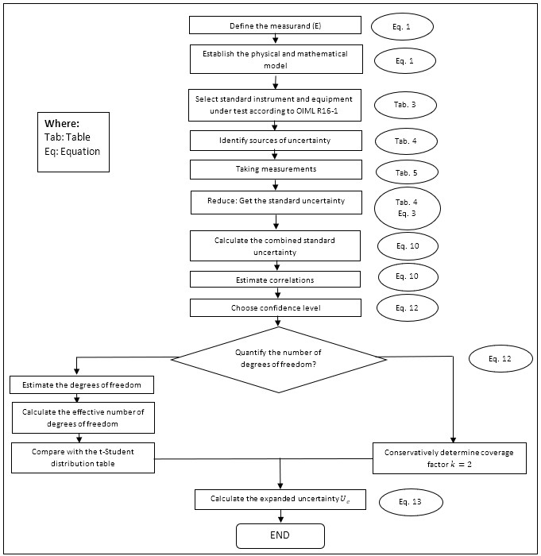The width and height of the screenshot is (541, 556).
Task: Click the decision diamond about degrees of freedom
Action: click(313, 358)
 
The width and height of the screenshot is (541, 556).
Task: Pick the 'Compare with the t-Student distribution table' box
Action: click(82, 458)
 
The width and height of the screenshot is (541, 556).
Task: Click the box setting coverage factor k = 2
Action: click(450, 458)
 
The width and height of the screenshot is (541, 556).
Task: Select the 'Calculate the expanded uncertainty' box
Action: click(275, 499)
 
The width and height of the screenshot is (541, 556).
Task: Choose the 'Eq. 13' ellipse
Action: click(410, 502)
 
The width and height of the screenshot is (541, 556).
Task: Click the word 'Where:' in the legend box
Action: click(63, 124)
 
